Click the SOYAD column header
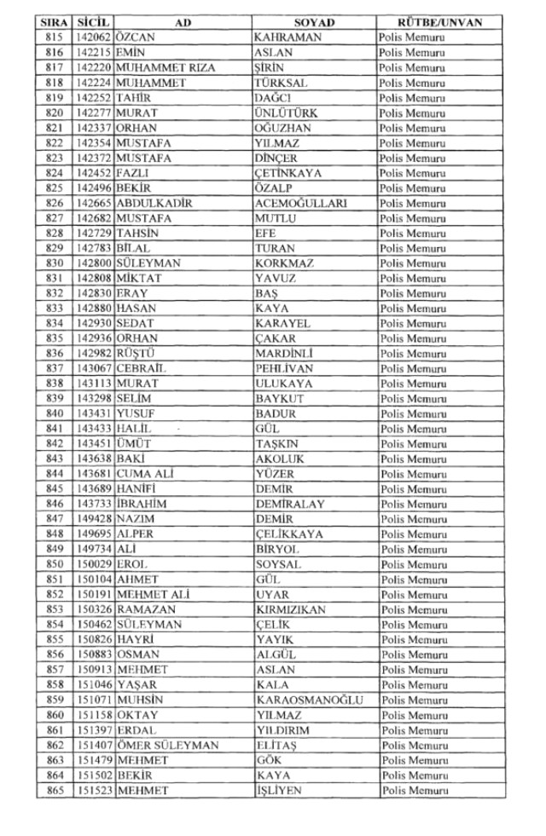point(314,23)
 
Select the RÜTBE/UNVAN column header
point(440,23)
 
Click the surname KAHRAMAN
point(287,38)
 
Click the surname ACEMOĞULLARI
point(299,204)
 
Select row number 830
point(54,263)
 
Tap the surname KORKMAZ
point(284,263)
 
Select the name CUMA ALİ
point(145,474)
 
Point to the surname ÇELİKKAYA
point(289,534)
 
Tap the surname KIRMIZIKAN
point(290,609)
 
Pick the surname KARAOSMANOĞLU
point(310,700)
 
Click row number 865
point(54,790)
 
